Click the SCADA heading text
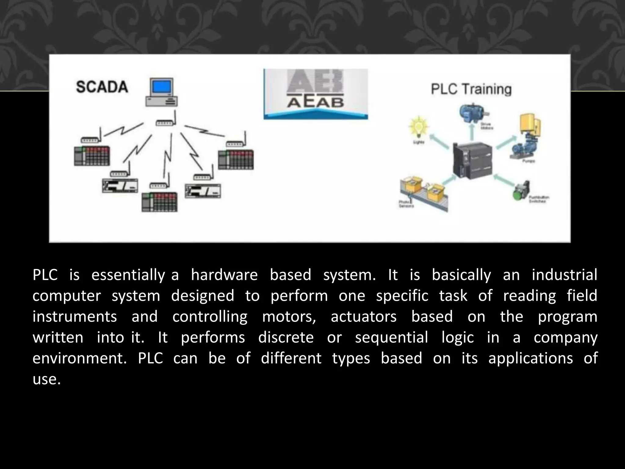tap(102, 87)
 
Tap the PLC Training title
tap(471, 89)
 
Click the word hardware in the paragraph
tap(224, 275)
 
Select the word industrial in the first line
tap(564, 275)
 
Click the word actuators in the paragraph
tap(363, 317)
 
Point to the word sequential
tap(392, 337)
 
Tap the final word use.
tap(46, 379)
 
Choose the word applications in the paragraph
tap(530, 358)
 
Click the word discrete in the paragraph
tap(286, 337)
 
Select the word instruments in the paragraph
tap(75, 317)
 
